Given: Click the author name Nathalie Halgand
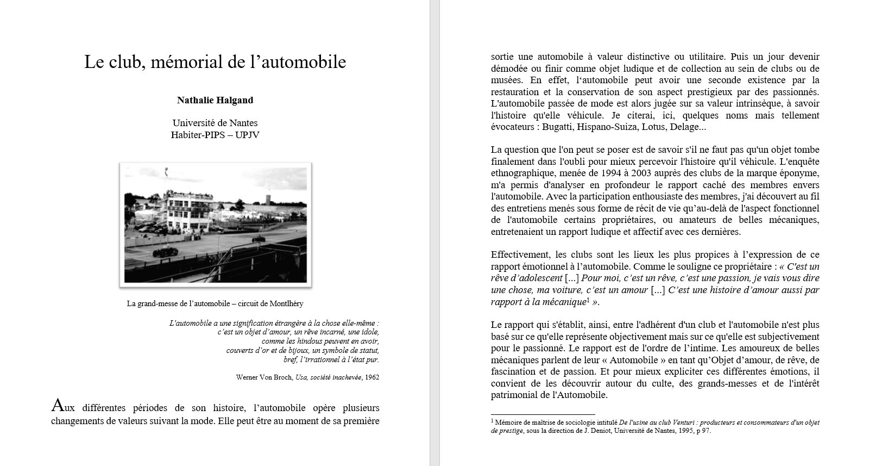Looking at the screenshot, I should point(215,100).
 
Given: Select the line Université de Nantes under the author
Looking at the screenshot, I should point(215,123).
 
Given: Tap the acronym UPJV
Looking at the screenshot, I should point(247,135).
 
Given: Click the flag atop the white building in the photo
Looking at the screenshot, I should point(166,171).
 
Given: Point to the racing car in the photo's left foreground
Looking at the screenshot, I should point(164,252).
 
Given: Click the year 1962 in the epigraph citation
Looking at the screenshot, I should point(372,377).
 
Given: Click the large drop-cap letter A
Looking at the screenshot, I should point(58,406).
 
